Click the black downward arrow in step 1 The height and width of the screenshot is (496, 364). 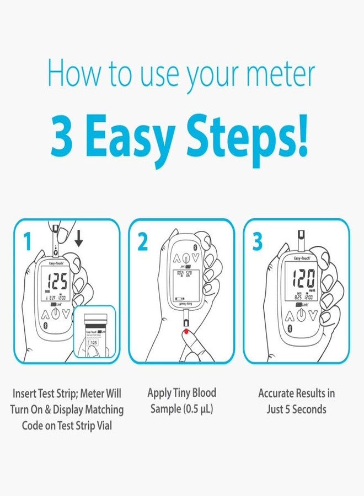[x=79, y=239]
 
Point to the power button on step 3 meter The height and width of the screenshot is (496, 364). [x=301, y=316]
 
